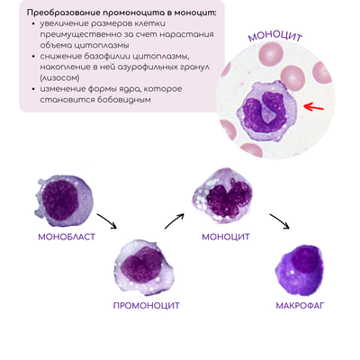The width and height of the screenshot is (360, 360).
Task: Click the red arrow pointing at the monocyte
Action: pyautogui.click(x=314, y=106)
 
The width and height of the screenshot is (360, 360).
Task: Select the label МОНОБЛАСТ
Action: pyautogui.click(x=67, y=237)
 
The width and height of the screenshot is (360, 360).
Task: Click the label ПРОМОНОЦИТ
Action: pyautogui.click(x=146, y=306)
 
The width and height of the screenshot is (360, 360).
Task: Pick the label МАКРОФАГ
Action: pyautogui.click(x=301, y=306)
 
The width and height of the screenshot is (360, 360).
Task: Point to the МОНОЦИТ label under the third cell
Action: pyautogui.click(x=226, y=237)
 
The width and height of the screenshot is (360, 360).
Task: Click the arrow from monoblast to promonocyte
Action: pyautogui.click(x=107, y=221)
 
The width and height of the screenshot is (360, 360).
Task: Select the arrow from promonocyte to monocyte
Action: pyautogui.click(x=174, y=221)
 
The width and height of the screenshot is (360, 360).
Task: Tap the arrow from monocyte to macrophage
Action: pyautogui.click(x=280, y=221)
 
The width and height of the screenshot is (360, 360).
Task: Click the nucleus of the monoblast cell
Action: pyautogui.click(x=60, y=200)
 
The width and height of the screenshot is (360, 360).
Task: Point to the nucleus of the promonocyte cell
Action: pyautogui.click(x=143, y=265)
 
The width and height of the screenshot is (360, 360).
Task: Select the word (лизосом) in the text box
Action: pyautogui.click(x=60, y=78)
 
